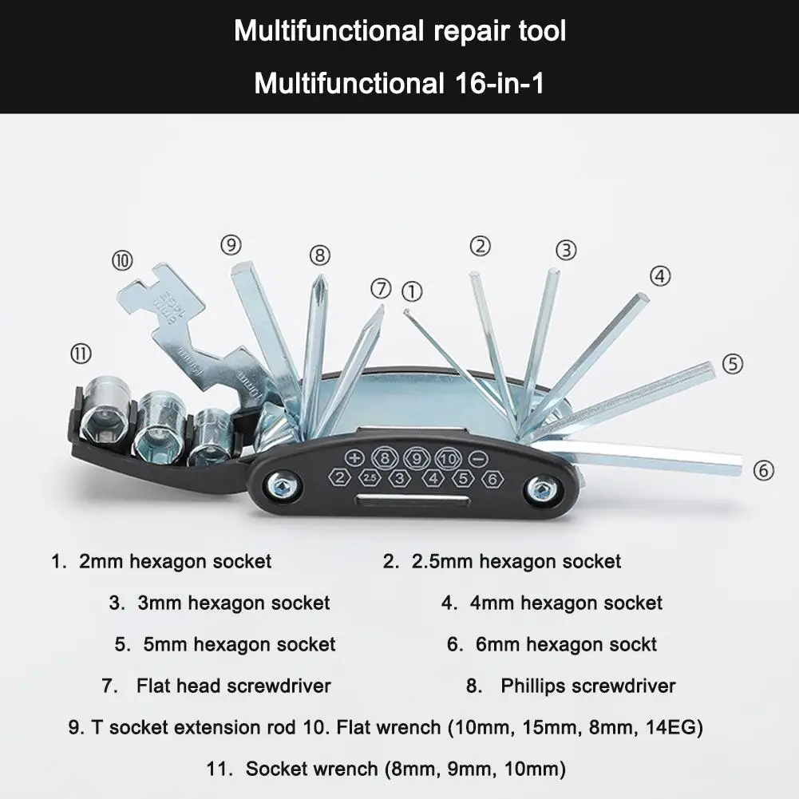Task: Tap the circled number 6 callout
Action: (x=764, y=470)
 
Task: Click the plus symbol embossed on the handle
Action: (x=355, y=458)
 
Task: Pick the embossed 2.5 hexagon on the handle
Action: (x=369, y=478)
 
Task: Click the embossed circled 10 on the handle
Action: (x=447, y=458)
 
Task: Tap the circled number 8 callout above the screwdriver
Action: (x=319, y=255)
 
